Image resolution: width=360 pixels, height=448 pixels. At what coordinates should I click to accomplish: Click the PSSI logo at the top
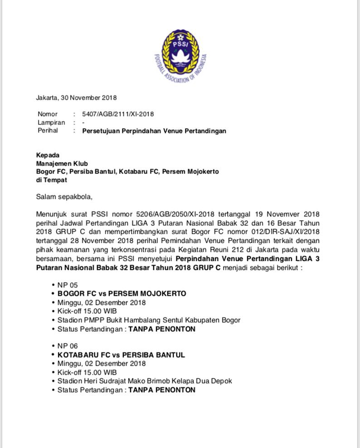180,54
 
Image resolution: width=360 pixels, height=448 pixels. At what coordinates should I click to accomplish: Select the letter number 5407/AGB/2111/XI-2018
118,114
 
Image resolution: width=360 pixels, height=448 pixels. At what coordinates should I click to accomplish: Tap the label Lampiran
51,123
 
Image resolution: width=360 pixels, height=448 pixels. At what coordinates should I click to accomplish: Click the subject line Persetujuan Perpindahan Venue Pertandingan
154,131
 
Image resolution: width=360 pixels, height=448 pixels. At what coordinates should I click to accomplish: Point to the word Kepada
48,155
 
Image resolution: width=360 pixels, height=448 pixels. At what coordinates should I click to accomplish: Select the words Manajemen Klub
62,163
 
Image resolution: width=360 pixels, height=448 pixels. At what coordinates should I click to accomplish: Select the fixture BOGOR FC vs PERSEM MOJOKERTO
122,294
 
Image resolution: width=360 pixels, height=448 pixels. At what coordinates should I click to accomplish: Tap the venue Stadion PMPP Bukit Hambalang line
149,320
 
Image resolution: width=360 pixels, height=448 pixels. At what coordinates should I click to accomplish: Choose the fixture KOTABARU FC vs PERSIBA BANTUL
121,355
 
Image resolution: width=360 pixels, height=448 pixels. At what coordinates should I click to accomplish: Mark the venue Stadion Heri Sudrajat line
145,381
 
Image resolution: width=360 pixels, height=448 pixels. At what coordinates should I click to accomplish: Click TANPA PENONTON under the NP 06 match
162,390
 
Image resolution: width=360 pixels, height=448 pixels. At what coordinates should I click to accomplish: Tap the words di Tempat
51,180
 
